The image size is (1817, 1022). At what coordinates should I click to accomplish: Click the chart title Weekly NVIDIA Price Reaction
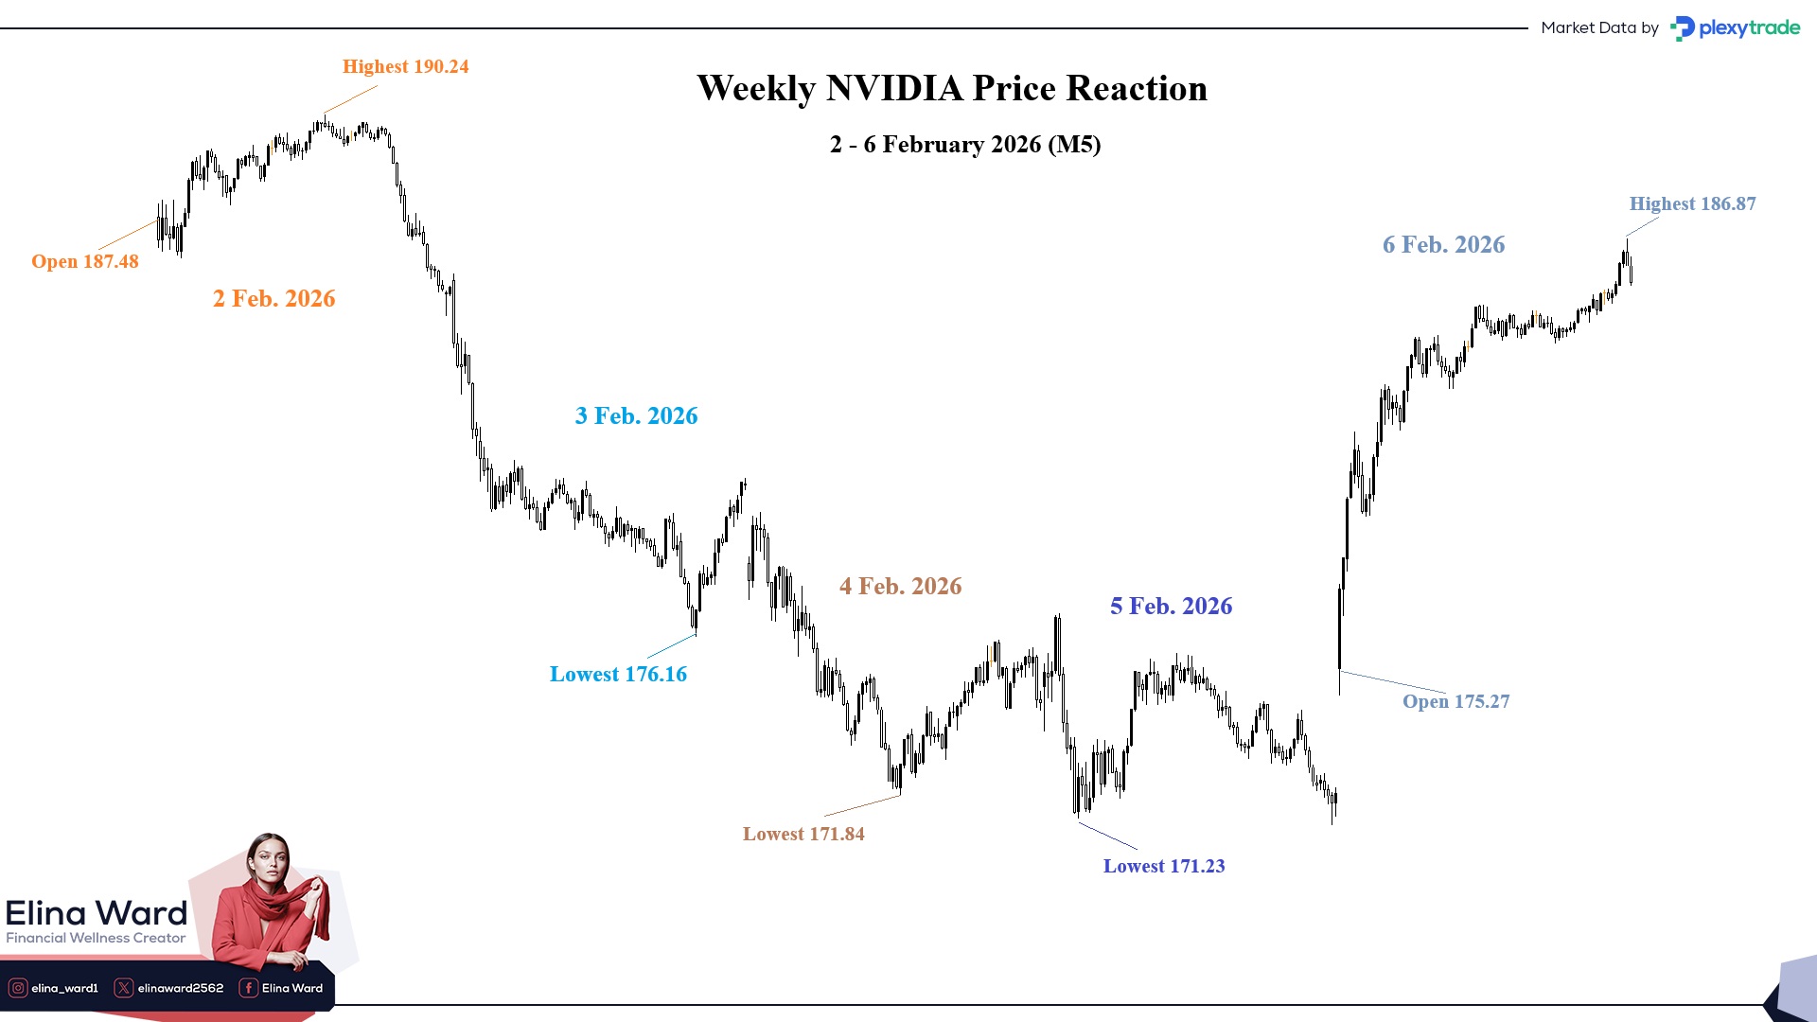[x=952, y=88]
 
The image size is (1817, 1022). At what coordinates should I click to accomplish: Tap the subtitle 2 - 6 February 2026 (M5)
[x=965, y=145]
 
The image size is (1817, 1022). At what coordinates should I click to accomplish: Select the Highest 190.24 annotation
[x=405, y=66]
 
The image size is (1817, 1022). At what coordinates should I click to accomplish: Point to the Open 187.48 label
[x=85, y=261]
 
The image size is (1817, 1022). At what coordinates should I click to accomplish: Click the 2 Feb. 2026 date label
[x=273, y=298]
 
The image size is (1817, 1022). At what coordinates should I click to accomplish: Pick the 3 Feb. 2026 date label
[x=636, y=415]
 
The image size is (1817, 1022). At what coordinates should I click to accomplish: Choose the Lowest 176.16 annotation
[x=618, y=674]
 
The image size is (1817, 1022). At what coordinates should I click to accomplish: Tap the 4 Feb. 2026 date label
[x=900, y=586]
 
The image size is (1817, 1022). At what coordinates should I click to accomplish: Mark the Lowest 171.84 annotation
[x=803, y=834]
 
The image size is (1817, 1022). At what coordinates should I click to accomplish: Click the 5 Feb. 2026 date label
[x=1171, y=606]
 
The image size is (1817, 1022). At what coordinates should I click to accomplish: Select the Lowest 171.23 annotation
[x=1164, y=866]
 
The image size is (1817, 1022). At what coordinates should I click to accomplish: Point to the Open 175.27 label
[x=1455, y=701]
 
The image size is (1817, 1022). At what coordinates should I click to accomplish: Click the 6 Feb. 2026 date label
[x=1443, y=244]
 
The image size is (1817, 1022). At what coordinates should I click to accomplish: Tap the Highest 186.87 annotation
[x=1692, y=203]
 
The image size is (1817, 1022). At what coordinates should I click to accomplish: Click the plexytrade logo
[x=1736, y=28]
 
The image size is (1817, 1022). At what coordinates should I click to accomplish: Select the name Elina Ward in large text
[x=97, y=913]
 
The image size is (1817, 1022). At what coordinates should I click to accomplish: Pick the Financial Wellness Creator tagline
[x=96, y=938]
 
